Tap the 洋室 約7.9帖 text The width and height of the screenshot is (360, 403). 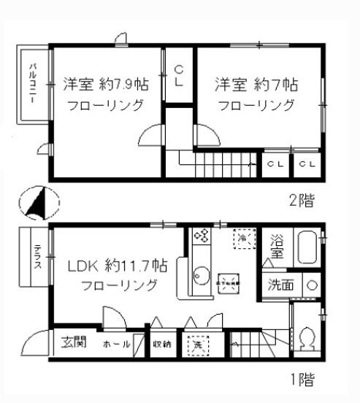[105, 84]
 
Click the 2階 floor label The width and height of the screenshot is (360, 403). [301, 199]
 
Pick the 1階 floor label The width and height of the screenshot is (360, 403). [301, 380]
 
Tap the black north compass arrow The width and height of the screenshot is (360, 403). [37, 203]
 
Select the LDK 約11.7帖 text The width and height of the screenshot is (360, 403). [118, 265]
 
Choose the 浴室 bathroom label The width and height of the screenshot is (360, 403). [277, 245]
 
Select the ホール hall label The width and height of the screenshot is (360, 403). [116, 344]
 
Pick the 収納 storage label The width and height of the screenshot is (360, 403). [162, 344]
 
